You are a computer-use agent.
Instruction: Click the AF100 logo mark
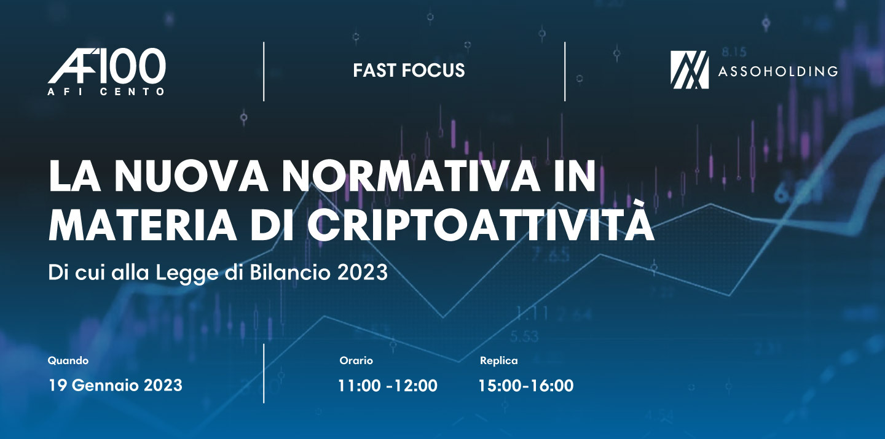(x=107, y=66)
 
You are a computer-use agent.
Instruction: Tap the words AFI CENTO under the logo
(x=106, y=92)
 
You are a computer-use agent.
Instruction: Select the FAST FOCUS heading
(x=409, y=71)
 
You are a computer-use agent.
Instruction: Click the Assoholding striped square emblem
(x=690, y=70)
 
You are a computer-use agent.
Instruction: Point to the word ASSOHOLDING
(x=778, y=71)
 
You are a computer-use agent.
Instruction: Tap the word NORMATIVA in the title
(x=411, y=176)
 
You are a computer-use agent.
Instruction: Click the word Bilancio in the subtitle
(x=289, y=273)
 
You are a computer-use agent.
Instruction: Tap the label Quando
(x=68, y=361)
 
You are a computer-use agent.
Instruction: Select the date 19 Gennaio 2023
(x=116, y=386)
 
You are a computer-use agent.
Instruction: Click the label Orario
(x=356, y=360)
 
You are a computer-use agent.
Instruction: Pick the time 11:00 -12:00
(x=388, y=386)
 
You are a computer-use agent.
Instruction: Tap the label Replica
(x=498, y=361)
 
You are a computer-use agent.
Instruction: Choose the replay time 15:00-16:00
(x=526, y=386)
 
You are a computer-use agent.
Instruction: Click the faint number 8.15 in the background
(x=734, y=52)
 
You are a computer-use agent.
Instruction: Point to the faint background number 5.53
(x=524, y=336)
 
